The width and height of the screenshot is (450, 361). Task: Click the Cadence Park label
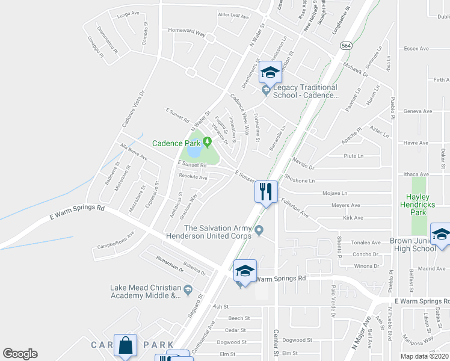pyautogui.click(x=176, y=143)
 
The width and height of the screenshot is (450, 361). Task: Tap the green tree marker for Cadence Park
pyautogui.click(x=207, y=143)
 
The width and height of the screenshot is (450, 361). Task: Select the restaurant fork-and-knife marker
pyautogui.click(x=266, y=192)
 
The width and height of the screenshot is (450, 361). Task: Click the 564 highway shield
pyautogui.click(x=345, y=45)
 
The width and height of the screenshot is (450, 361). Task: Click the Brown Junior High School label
pyautogui.click(x=413, y=244)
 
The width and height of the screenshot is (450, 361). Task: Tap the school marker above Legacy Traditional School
pyautogui.click(x=270, y=73)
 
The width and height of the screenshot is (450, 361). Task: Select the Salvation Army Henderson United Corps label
pyautogui.click(x=218, y=232)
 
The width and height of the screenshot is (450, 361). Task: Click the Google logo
pyautogui.click(x=20, y=354)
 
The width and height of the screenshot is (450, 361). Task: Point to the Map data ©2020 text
pyautogui.click(x=424, y=356)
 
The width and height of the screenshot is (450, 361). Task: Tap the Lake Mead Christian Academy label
pyautogui.click(x=145, y=292)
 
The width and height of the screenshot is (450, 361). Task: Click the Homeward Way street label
pyautogui.click(x=186, y=35)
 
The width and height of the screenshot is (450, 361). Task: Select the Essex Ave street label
pyautogui.click(x=416, y=48)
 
